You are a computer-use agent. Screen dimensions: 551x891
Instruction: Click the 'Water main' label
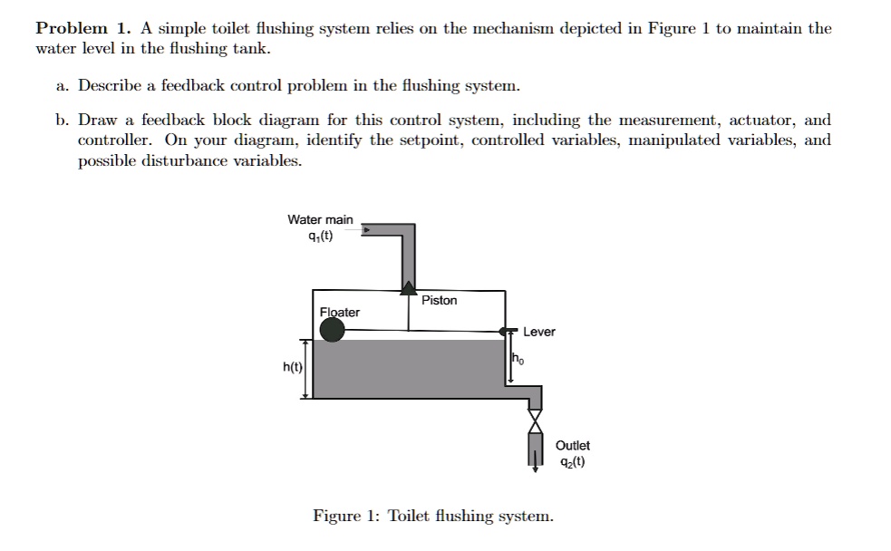tap(320, 219)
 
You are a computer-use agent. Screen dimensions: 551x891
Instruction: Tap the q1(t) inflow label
tap(320, 237)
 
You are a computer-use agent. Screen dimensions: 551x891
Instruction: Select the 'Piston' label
tap(440, 300)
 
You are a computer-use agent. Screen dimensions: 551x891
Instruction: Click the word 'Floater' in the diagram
tap(340, 312)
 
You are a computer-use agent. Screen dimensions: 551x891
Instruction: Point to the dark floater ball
tap(333, 329)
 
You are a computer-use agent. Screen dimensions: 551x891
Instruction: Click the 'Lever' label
tap(539, 332)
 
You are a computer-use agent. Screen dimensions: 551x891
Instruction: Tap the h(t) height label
tap(292, 368)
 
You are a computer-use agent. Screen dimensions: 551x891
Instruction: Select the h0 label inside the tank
tap(518, 359)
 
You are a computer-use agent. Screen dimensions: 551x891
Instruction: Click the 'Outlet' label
tap(572, 445)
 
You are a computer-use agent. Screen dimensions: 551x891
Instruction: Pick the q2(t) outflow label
tap(571, 461)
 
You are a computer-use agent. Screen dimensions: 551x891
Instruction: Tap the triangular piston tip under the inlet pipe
tap(409, 287)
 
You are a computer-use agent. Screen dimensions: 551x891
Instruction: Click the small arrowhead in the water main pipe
tap(366, 230)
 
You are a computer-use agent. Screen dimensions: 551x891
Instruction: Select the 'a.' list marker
tap(62, 86)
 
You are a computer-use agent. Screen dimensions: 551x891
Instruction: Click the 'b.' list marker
tap(62, 120)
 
